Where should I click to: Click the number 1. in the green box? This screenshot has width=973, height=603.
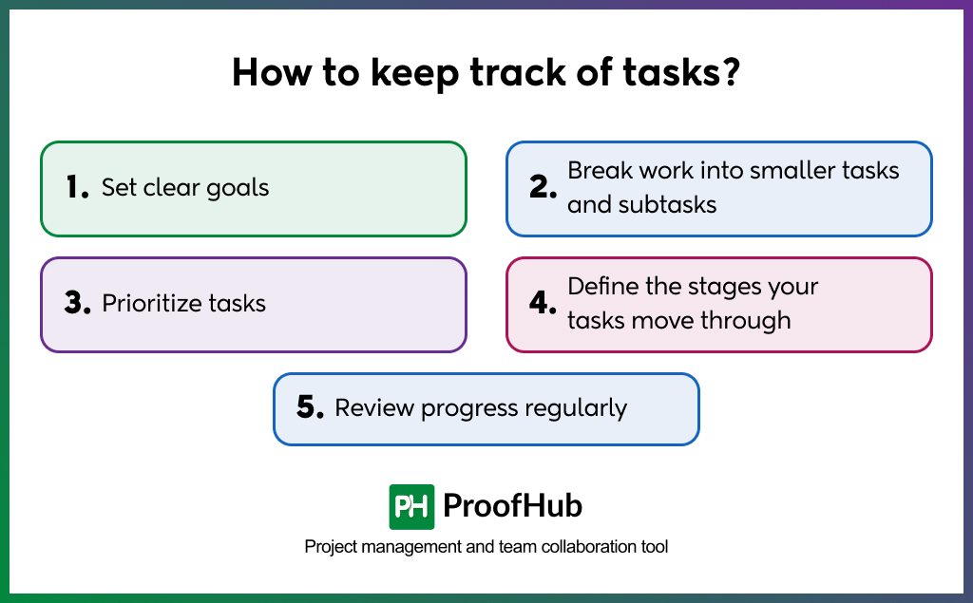[x=77, y=188]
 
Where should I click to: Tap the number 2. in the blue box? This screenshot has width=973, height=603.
[x=543, y=188]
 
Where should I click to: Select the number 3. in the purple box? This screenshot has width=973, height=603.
[x=77, y=304]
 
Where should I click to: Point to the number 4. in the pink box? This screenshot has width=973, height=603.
[x=543, y=304]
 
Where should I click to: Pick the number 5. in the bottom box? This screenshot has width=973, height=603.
[x=310, y=408]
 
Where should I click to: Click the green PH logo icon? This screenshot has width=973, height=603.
[x=411, y=507]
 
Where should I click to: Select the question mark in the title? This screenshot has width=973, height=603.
[x=731, y=74]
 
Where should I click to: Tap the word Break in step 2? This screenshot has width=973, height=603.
[x=596, y=171]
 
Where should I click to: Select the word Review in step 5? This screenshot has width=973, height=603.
[x=374, y=408]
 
